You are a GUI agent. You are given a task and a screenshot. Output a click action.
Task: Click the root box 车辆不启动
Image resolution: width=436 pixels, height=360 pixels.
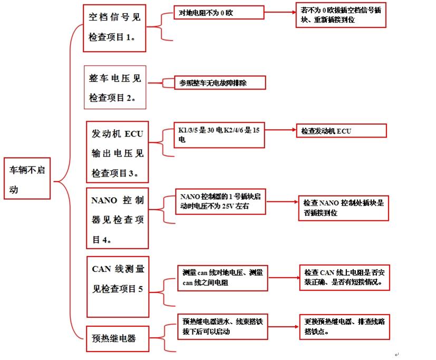27,178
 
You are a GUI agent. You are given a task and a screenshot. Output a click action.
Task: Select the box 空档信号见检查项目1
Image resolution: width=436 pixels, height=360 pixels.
114,28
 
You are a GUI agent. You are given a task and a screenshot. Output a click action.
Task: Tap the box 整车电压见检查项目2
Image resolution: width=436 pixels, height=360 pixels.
114,87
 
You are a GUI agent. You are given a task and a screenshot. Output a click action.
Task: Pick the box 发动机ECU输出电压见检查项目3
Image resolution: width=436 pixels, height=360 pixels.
117,151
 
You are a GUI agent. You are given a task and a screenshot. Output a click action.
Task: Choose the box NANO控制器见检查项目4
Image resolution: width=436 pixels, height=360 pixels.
118,218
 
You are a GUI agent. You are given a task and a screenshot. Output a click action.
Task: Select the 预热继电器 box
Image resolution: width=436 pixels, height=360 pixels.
115,338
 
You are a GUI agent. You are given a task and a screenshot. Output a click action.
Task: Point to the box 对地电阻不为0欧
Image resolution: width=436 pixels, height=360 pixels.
218,12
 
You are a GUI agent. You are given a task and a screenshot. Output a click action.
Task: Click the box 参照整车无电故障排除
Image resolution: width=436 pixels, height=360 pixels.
220,83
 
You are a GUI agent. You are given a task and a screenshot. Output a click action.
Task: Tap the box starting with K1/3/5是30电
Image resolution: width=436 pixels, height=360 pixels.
219,135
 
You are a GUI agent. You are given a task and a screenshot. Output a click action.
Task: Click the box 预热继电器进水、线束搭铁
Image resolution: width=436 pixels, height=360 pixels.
222,326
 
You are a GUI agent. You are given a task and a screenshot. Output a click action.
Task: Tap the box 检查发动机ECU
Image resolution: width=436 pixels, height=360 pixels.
341,131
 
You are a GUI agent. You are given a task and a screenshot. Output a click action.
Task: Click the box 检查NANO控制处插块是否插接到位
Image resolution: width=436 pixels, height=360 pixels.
343,208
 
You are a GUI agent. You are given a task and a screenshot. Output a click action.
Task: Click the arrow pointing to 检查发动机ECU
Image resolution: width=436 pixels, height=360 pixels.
280,130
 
